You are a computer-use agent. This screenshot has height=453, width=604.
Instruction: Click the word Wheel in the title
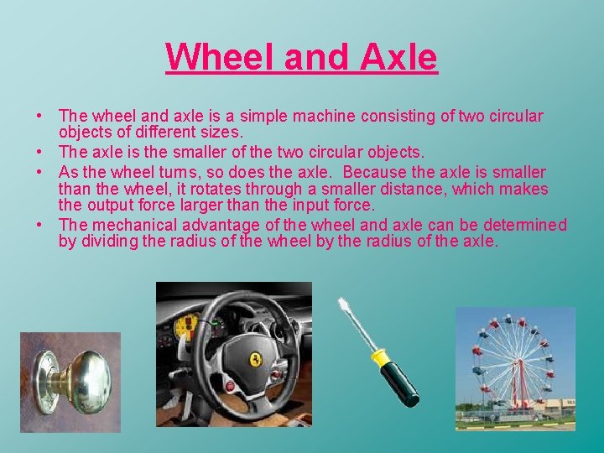click(x=220, y=57)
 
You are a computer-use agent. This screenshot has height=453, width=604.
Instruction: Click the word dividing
click(x=105, y=242)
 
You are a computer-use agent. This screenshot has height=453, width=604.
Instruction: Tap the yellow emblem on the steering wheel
click(x=255, y=359)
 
